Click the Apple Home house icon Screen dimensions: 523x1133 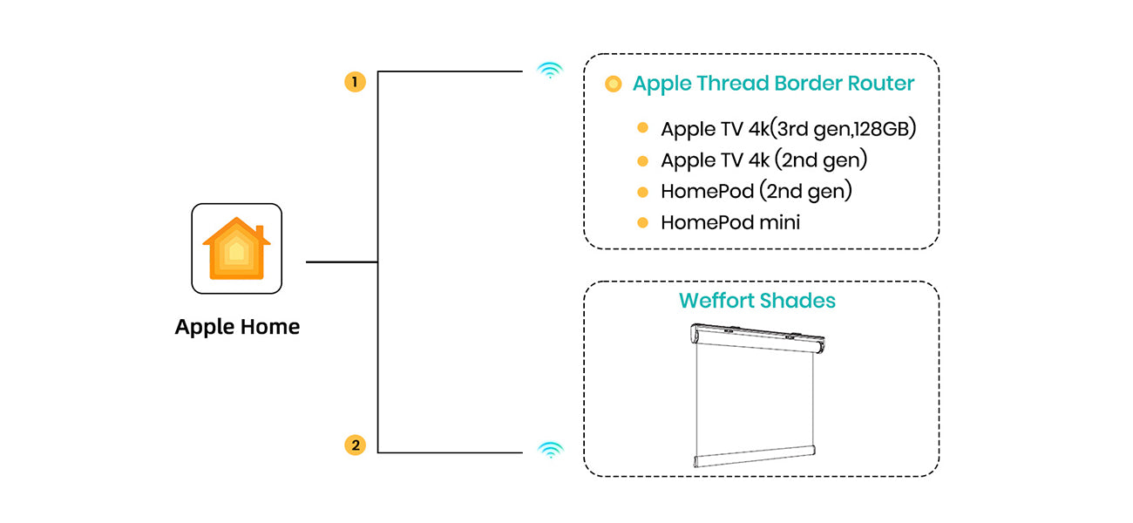pyautogui.click(x=236, y=248)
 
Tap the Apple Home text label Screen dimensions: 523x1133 pyautogui.click(x=237, y=327)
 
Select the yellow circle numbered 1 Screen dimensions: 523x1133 pyautogui.click(x=355, y=82)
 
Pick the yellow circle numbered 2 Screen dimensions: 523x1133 pyautogui.click(x=355, y=445)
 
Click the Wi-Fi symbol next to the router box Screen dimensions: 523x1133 pyautogui.click(x=549, y=71)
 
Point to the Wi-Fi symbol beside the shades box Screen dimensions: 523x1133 pyautogui.click(x=549, y=450)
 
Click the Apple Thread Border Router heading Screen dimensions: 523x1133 pyautogui.click(x=773, y=84)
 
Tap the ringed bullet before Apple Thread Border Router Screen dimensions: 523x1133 pyautogui.click(x=614, y=84)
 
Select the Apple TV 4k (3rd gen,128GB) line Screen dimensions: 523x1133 pyautogui.click(x=789, y=129)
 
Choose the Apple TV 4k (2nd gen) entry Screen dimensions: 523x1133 pyautogui.click(x=764, y=160)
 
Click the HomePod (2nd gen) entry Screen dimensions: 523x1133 pyautogui.click(x=756, y=191)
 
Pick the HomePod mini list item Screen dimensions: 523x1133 pyautogui.click(x=730, y=222)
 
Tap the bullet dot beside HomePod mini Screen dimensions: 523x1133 pyautogui.click(x=642, y=222)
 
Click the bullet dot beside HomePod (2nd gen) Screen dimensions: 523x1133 pyautogui.click(x=642, y=191)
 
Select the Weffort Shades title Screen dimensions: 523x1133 pyautogui.click(x=757, y=301)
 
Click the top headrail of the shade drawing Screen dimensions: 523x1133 pyautogui.click(x=756, y=336)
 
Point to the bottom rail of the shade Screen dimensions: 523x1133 pyautogui.click(x=756, y=460)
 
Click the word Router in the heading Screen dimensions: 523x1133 pyautogui.click(x=881, y=84)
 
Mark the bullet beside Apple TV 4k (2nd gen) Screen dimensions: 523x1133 pyautogui.click(x=642, y=160)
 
